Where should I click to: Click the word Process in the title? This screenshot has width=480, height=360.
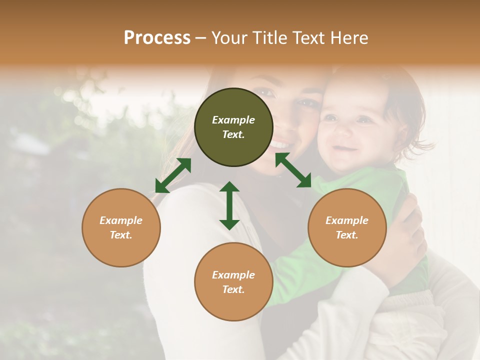point(157,38)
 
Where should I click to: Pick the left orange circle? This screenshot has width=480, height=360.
point(121,227)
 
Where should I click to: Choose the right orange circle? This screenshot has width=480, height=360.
point(347,227)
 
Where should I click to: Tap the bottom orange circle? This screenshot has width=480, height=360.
point(233,282)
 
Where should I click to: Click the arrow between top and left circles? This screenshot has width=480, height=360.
point(173,175)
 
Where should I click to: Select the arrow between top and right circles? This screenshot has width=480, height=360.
point(293,170)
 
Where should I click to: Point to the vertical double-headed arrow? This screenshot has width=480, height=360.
point(229,205)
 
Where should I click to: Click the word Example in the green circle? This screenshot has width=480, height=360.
point(233,120)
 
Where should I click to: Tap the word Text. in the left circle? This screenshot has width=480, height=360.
point(121,235)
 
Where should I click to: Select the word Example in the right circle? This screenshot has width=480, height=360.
point(347,220)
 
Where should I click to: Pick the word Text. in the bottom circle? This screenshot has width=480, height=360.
point(233,289)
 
